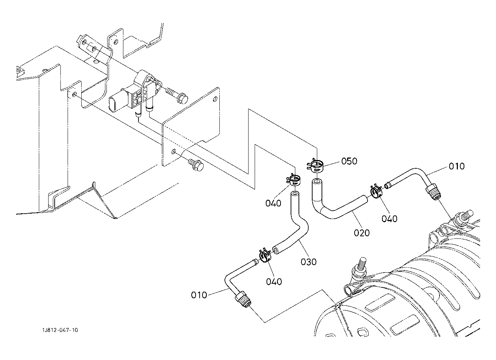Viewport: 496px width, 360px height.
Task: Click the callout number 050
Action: point(349,161)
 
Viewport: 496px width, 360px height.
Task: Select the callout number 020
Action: point(361,233)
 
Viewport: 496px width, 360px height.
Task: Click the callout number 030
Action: point(309,262)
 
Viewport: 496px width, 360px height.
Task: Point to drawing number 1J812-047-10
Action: point(60,330)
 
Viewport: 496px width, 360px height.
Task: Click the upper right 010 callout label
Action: point(456,166)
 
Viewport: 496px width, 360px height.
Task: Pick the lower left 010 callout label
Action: point(199,295)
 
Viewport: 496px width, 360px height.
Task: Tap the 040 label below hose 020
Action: point(389,219)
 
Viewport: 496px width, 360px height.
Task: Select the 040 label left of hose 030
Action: point(273,203)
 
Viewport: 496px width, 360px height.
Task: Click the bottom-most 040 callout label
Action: point(274,282)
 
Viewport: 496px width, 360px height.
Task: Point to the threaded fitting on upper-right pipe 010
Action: point(433,192)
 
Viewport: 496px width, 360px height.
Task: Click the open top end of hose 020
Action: point(317,182)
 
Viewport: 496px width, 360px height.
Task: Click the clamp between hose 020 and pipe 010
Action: point(376,191)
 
